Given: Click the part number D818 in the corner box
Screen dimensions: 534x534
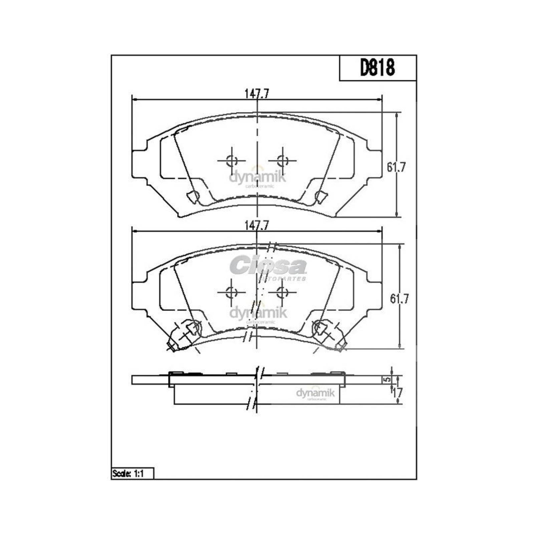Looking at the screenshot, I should tap(377, 68).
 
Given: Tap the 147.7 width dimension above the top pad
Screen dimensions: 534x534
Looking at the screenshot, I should tap(257, 94).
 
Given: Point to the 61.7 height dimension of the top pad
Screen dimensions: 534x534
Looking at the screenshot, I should tap(396, 167).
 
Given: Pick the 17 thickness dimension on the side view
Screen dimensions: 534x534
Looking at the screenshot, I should tap(397, 392).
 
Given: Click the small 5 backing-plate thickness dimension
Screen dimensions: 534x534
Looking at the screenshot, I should tap(386, 380).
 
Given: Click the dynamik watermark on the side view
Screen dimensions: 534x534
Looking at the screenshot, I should tap(315, 394).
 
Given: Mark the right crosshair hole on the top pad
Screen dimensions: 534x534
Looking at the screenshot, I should tap(282, 161).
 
